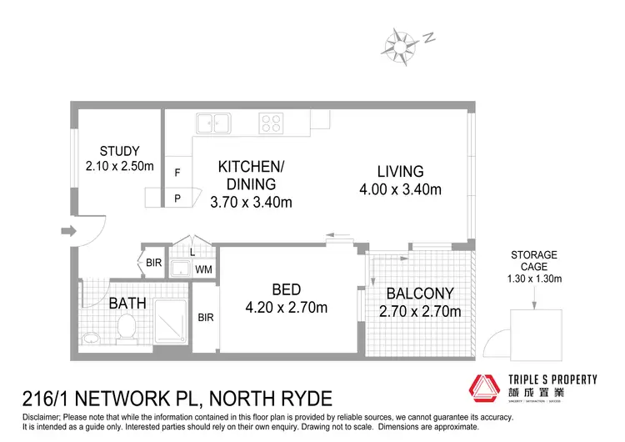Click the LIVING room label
[400, 171]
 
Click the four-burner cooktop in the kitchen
[270, 123]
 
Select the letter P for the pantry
[177, 198]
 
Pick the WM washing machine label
[203, 269]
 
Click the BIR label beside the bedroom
[206, 318]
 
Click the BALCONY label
[419, 294]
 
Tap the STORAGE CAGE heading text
[534, 260]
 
